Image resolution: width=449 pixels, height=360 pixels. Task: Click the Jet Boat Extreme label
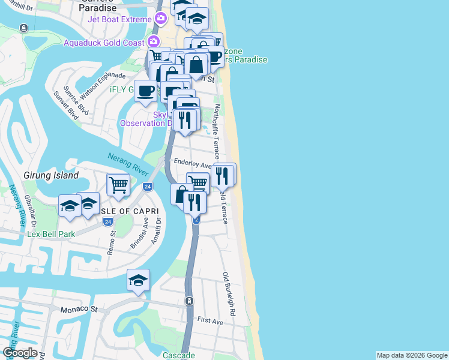(119, 19)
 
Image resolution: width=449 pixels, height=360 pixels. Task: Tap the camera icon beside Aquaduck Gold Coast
(154, 42)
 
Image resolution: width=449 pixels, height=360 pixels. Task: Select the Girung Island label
(51, 175)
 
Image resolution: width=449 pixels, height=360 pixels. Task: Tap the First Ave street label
(210, 322)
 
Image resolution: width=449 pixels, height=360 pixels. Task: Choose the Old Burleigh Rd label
(229, 294)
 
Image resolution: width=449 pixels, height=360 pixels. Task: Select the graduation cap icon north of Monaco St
(138, 280)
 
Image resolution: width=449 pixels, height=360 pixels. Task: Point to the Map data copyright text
(412, 355)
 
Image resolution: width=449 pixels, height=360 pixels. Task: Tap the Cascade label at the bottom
(179, 355)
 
